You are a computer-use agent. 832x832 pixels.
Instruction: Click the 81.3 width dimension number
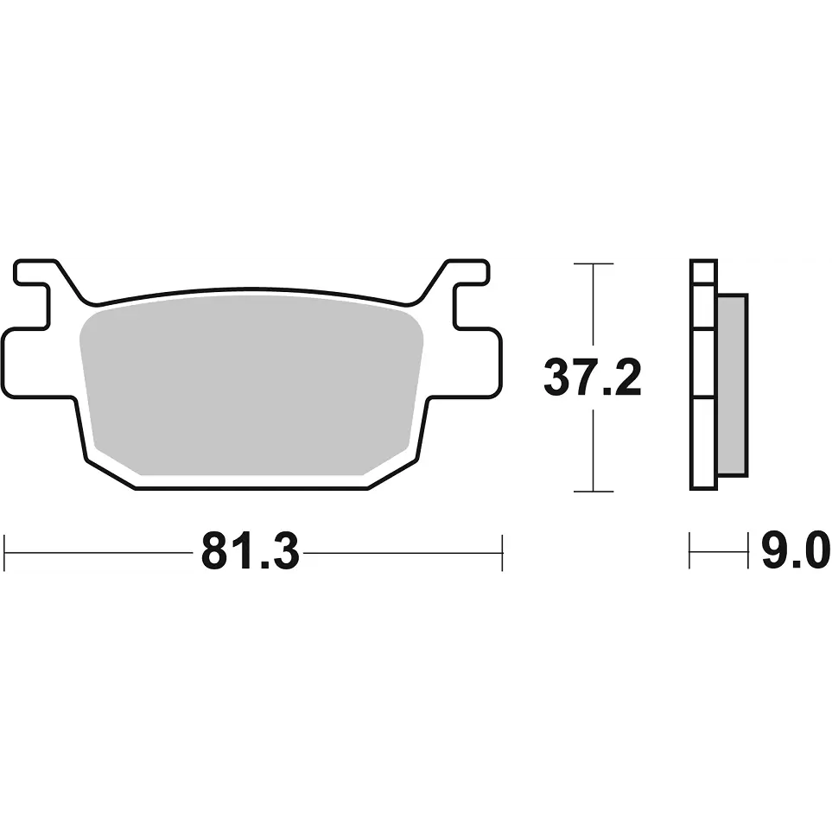click(251, 552)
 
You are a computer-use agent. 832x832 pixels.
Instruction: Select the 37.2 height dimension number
click(593, 378)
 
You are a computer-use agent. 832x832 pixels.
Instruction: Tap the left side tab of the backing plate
click(32, 362)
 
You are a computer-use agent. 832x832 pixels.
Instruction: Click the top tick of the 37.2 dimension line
click(594, 264)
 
